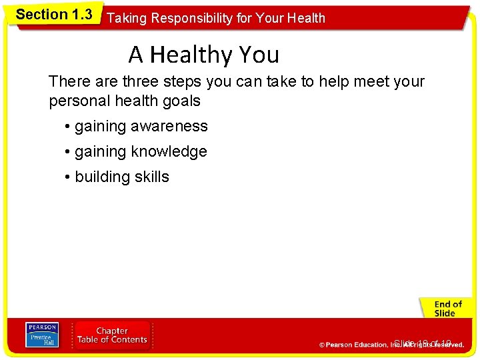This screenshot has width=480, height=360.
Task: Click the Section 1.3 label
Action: pyautogui.click(x=54, y=15)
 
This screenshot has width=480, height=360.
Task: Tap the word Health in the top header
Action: pyautogui.click(x=305, y=18)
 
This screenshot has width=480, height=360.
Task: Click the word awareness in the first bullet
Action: pyautogui.click(x=171, y=127)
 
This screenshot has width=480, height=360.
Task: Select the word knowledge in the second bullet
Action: pyautogui.click(x=169, y=152)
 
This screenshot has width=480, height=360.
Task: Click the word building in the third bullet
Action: pyautogui.click(x=100, y=177)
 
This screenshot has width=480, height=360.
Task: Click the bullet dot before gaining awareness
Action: pyautogui.click(x=68, y=127)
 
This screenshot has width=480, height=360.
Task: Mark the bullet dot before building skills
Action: pyautogui.click(x=68, y=177)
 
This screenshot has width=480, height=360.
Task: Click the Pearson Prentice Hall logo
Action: pyautogui.click(x=42, y=335)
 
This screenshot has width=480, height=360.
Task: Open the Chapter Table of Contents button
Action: pyautogui.click(x=112, y=335)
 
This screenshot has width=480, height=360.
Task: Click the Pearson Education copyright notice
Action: pyautogui.click(x=391, y=345)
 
